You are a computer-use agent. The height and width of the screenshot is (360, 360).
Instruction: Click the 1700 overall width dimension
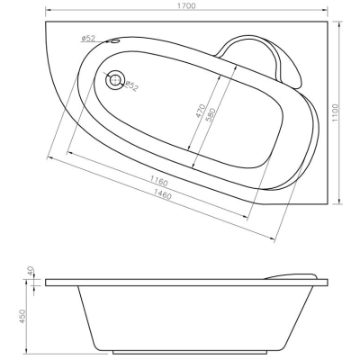186,5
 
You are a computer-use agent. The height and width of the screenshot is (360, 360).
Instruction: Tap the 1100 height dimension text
335,112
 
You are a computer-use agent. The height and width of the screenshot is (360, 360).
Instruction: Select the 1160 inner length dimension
158,181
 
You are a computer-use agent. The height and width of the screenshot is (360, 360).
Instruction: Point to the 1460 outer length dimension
162,195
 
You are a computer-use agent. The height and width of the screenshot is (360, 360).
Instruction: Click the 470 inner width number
201,111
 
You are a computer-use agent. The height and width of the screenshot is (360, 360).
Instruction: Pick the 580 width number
211,115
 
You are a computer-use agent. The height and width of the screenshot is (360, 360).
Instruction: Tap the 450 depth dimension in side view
23,317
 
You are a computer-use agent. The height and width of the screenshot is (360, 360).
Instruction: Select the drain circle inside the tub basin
115,79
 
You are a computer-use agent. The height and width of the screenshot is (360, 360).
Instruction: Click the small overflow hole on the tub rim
114,40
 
